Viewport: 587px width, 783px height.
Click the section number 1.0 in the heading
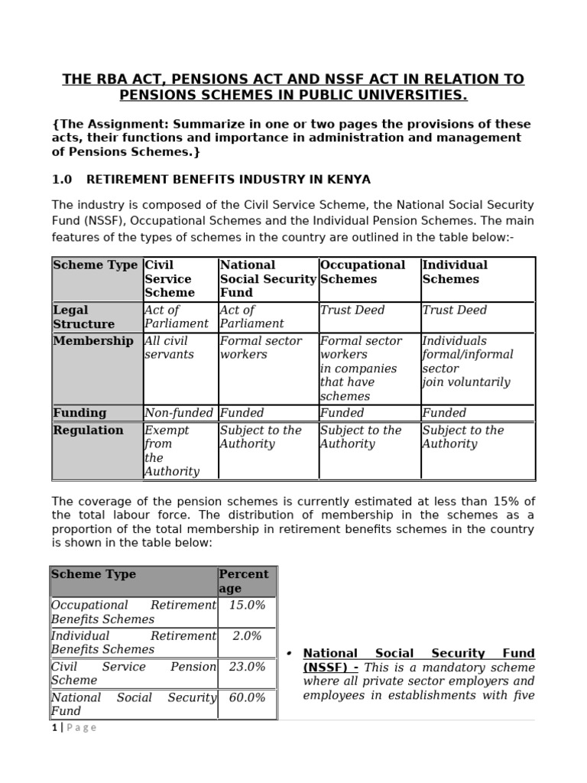click(x=61, y=180)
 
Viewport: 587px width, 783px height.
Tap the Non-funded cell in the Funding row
click(x=178, y=413)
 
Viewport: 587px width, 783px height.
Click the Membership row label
click(x=92, y=341)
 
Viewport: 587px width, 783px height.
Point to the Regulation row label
click(x=88, y=430)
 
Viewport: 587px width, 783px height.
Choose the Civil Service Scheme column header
click(x=170, y=279)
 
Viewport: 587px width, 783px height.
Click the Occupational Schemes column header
click(x=362, y=272)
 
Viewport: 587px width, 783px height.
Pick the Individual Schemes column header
click(x=455, y=272)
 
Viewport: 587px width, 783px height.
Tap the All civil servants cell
click(x=167, y=348)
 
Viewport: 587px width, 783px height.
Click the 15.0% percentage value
click(x=247, y=605)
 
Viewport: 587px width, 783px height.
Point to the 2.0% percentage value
click(x=247, y=635)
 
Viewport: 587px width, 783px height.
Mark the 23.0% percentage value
click(x=247, y=667)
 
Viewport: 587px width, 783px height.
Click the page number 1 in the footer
click(x=54, y=727)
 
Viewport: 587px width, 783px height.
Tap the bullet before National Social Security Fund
click(x=290, y=655)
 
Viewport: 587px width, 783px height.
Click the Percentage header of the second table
click(x=243, y=581)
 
